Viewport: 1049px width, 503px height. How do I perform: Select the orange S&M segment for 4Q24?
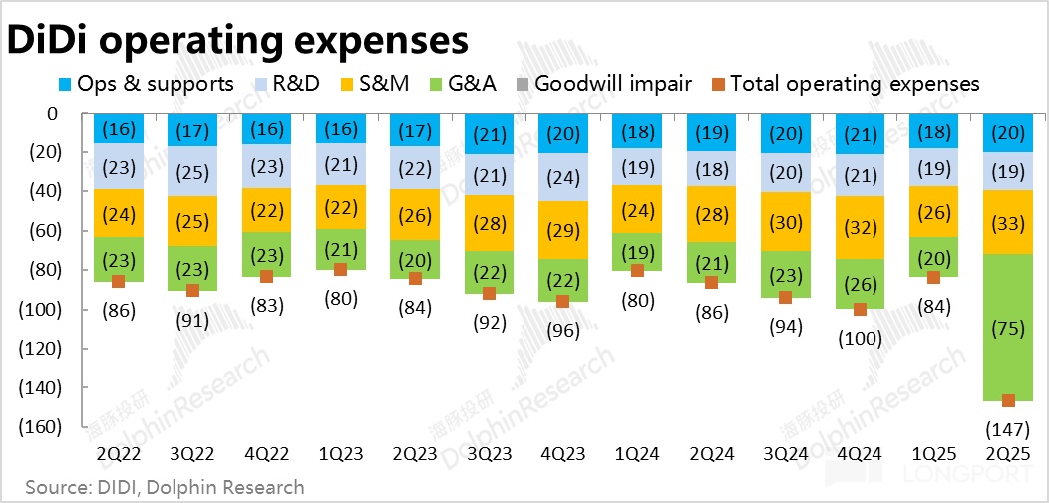tap(860, 227)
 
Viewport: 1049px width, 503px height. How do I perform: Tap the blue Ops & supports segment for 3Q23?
tap(490, 133)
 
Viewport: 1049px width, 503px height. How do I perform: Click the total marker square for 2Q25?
tap(1008, 400)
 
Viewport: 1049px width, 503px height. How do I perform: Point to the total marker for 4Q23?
tap(563, 301)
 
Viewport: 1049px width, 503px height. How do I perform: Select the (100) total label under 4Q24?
tap(860, 338)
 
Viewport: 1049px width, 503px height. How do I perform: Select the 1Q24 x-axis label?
tap(637, 453)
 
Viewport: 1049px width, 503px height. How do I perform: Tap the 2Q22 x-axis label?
tap(119, 453)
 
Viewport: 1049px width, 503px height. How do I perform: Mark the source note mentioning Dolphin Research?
tap(165, 487)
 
